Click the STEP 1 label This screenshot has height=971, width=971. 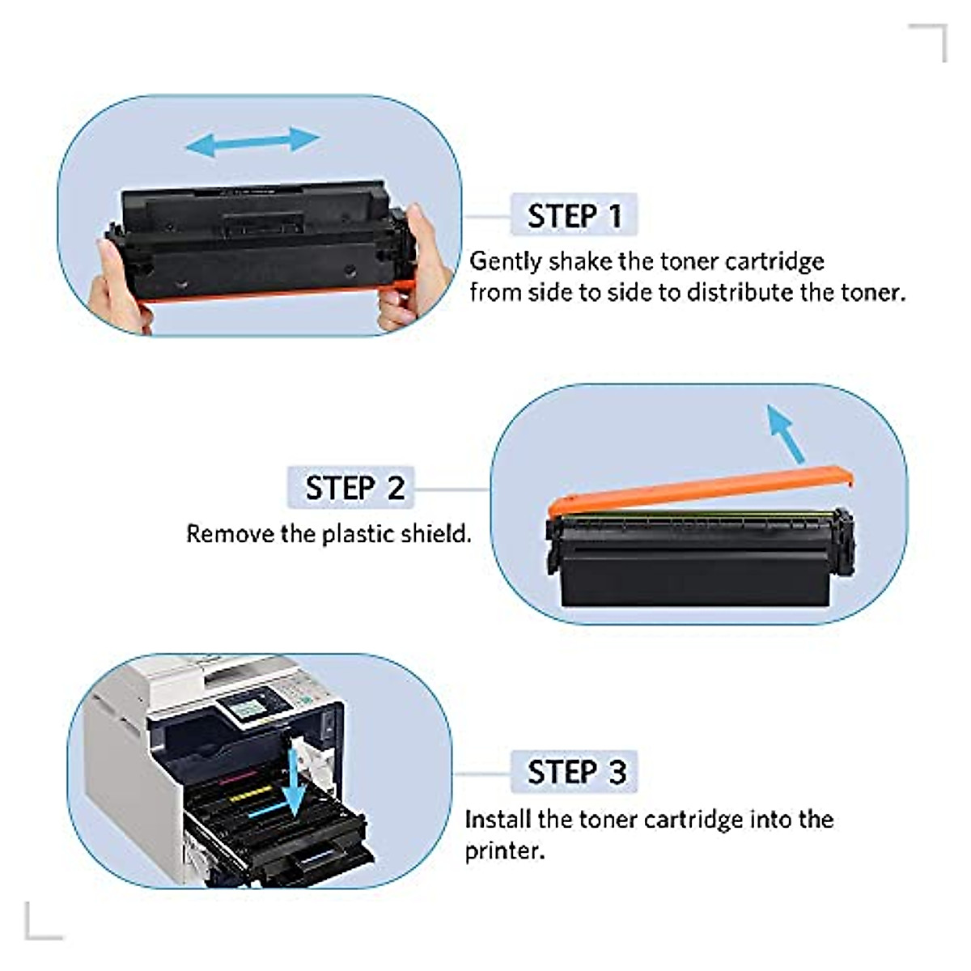(x=574, y=215)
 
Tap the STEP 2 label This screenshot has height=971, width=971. (x=353, y=488)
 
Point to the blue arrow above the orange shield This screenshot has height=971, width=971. (x=785, y=433)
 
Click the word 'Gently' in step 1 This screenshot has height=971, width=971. (x=506, y=261)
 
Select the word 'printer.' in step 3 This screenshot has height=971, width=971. (x=503, y=850)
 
